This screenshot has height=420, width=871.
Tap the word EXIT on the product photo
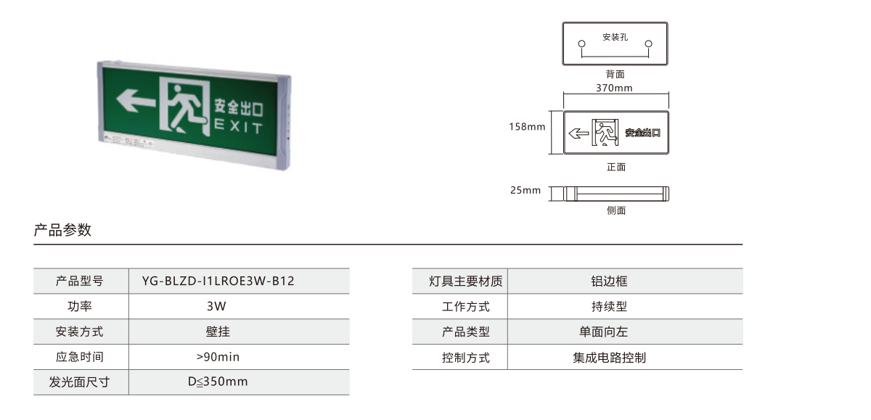click(x=238, y=126)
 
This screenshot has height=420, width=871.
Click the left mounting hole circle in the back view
click(x=581, y=44)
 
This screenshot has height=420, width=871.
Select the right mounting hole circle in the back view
click(x=649, y=44)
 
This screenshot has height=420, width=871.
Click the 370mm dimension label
click(x=614, y=88)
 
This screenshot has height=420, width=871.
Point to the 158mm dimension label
click(x=527, y=127)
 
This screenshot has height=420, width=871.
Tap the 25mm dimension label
click(x=526, y=190)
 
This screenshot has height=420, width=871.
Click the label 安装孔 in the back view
click(x=616, y=37)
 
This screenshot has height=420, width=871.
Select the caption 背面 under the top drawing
click(x=616, y=74)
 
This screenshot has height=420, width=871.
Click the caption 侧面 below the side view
click(x=616, y=210)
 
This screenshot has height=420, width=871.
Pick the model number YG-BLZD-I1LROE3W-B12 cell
click(x=218, y=281)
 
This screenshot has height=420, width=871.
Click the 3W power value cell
click(x=216, y=306)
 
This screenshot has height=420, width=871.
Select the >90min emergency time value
click(x=218, y=357)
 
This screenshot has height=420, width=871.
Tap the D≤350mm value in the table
click(x=218, y=382)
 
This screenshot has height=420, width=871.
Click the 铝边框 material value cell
click(x=609, y=281)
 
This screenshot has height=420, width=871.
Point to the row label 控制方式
click(x=465, y=358)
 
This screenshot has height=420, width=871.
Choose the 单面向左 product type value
click(x=603, y=332)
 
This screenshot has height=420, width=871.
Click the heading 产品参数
click(x=62, y=230)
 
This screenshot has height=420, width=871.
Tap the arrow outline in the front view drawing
click(x=578, y=133)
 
